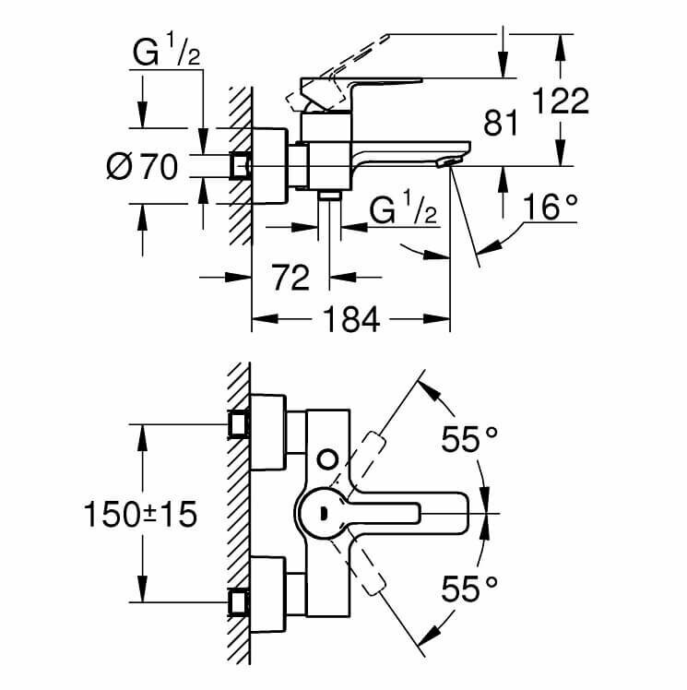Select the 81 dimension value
(x=501, y=123)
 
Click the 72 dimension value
(x=291, y=276)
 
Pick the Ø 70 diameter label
(x=141, y=166)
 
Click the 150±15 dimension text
(x=139, y=514)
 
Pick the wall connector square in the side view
(x=241, y=165)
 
